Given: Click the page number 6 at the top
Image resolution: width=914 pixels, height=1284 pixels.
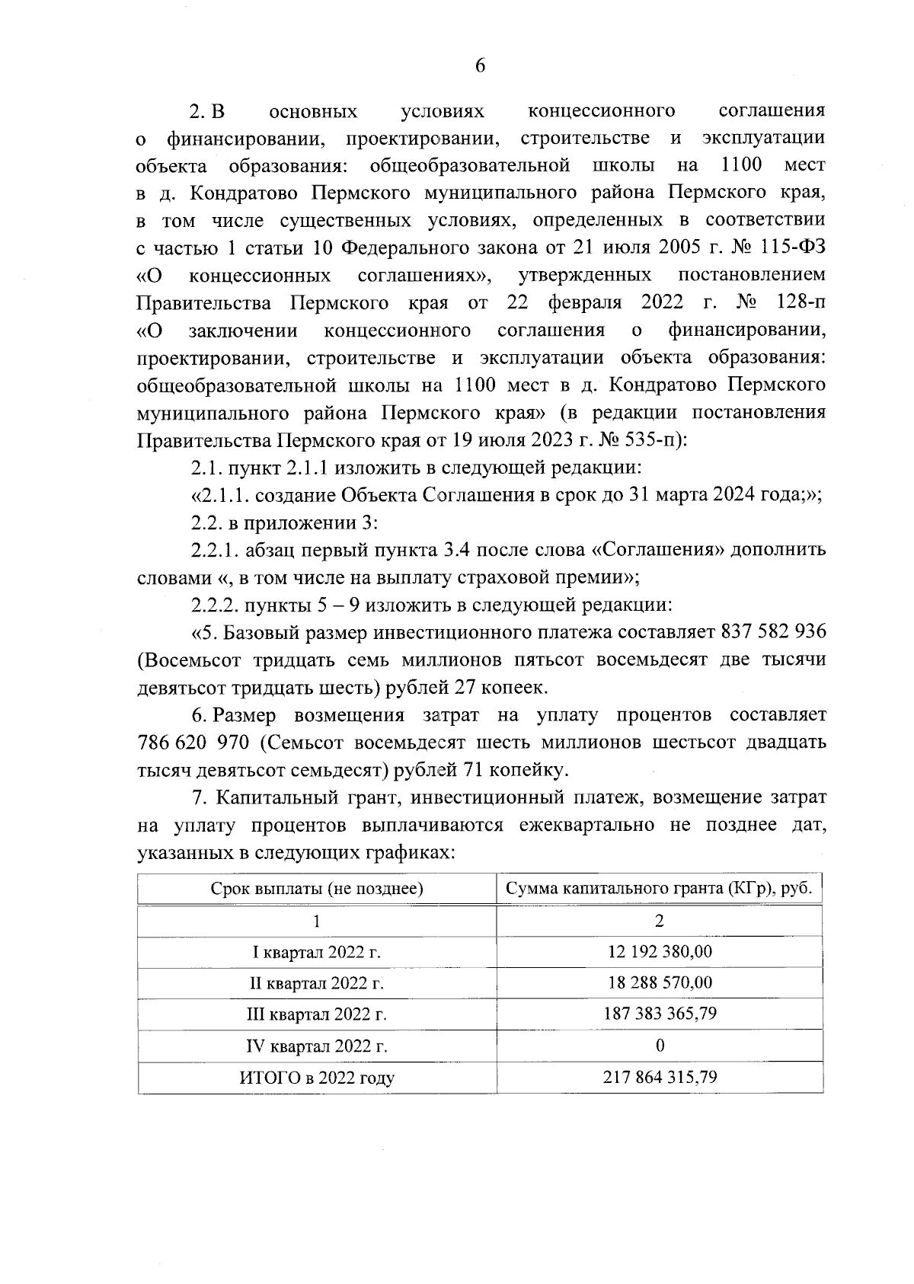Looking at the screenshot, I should tap(480, 66).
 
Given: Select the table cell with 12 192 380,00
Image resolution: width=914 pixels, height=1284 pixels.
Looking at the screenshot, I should tap(660, 952).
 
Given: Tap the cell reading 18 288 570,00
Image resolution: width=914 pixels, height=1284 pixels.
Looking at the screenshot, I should tap(660, 983).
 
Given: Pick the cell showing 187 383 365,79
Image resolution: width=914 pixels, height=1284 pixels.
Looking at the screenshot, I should tap(660, 1014).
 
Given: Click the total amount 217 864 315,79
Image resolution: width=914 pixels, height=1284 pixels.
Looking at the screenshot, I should tap(660, 1078).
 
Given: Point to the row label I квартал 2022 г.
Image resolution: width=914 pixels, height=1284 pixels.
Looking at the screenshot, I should tap(317, 952).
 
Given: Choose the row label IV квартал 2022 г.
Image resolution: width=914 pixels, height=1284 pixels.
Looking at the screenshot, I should tap(317, 1046).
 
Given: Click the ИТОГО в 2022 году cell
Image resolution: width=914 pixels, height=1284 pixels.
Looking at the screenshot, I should tap(317, 1078).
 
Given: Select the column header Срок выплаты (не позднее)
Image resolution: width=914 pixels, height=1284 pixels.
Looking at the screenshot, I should tap(317, 888).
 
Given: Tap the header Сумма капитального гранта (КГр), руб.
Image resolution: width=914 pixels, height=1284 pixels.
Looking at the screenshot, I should tap(660, 888).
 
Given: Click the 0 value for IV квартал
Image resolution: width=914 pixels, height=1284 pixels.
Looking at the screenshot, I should tap(660, 1046).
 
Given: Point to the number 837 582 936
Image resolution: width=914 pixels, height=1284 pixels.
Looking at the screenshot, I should tap(771, 632).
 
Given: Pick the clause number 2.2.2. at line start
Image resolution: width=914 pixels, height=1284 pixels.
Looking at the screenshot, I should tap(214, 605).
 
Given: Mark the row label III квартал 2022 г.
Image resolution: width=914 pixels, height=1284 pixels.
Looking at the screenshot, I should tap(317, 1014).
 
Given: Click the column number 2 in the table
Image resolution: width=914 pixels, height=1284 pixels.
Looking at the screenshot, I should tap(660, 921).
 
